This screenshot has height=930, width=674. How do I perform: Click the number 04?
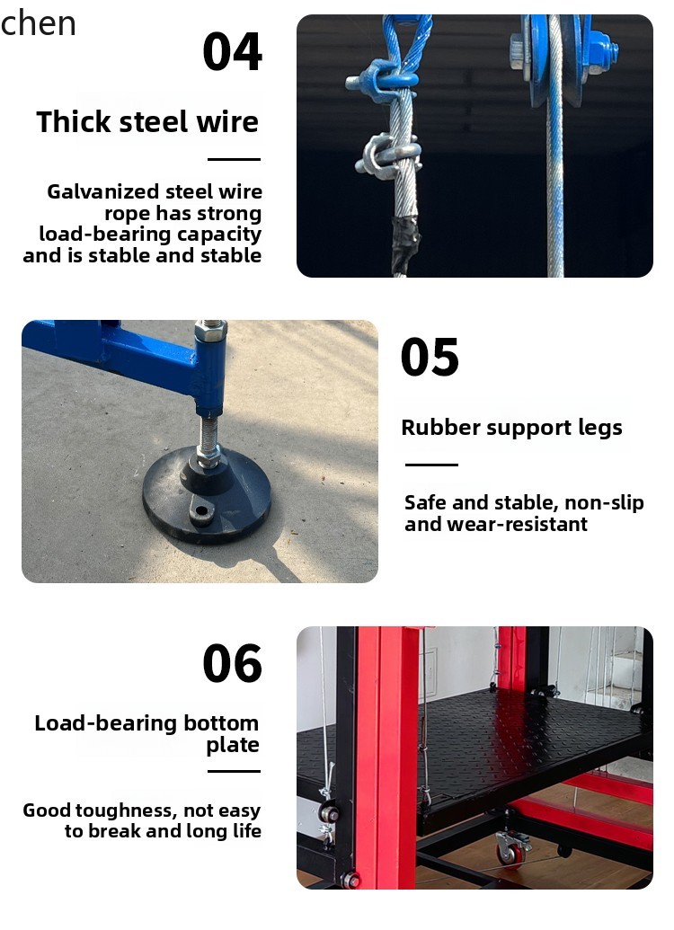232,52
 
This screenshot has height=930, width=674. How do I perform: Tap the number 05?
430,358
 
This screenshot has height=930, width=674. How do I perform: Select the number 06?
232,664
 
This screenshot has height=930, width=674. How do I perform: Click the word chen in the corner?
39,22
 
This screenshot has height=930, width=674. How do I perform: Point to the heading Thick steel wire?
147,121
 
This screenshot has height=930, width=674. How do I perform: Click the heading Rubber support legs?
511,427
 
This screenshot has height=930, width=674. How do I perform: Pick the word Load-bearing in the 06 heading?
102,723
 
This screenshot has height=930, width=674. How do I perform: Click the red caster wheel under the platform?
510,852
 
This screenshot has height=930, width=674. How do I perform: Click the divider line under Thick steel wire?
234,160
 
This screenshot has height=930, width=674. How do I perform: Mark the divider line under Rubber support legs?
431,465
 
